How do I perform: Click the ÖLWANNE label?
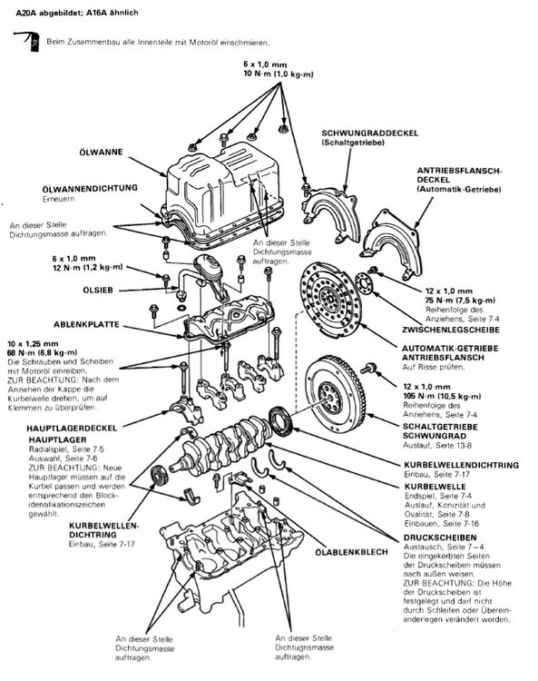pos(101,153)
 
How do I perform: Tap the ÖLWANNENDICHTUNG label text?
pos(90,189)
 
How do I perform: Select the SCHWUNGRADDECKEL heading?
pos(369,133)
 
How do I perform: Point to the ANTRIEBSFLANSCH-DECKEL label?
pos(459,175)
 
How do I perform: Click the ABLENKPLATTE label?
pos(86,324)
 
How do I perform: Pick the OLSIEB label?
pos(98,290)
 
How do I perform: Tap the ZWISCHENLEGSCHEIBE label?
pos(451,331)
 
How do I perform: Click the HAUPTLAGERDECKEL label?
pos(72,429)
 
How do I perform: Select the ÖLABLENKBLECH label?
pos(351,552)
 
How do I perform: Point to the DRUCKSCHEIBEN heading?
pos(440,538)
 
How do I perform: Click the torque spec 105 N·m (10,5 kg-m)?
pos(442,396)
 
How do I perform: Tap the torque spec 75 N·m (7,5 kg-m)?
pos(460,301)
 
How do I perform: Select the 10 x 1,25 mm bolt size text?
pos(33,344)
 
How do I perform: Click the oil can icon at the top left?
pos(27,41)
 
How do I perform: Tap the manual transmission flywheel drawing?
pos(336,397)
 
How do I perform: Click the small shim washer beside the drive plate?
pos(364,283)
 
